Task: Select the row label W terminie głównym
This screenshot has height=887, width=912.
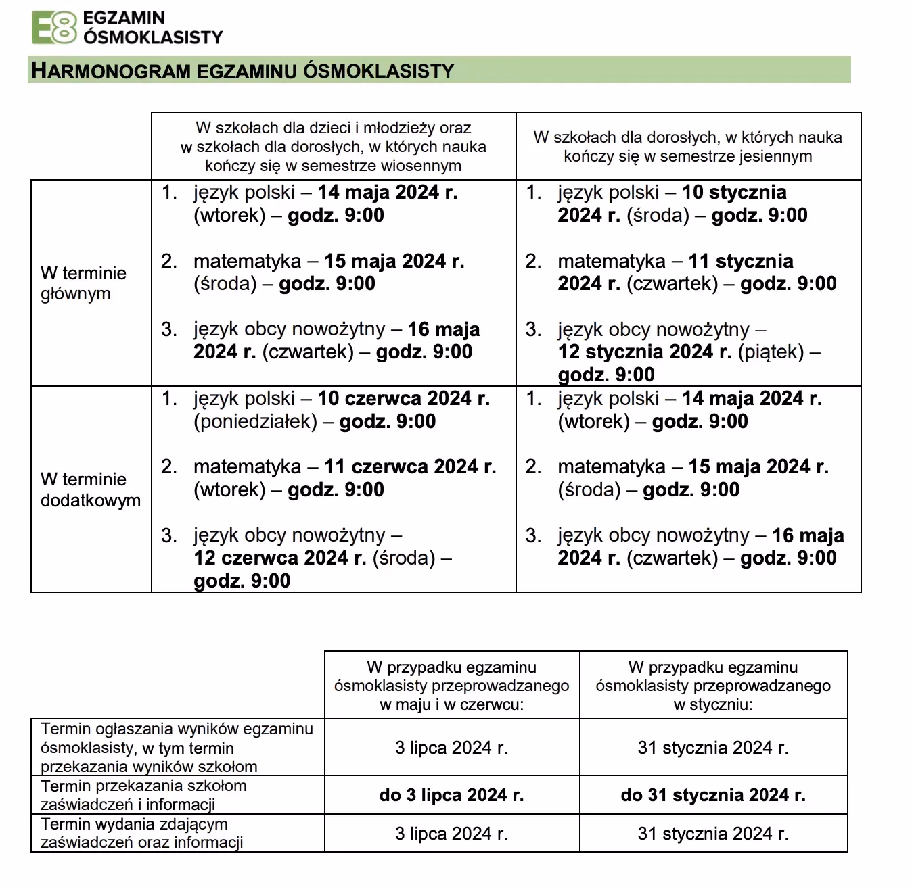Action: click(83, 283)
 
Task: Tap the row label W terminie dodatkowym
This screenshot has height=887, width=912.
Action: click(90, 489)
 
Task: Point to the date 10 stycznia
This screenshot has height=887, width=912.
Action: click(734, 192)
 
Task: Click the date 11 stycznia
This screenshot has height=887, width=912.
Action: click(740, 261)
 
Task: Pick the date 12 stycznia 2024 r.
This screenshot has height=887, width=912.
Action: click(644, 352)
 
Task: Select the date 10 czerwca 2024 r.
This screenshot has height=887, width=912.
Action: click(403, 398)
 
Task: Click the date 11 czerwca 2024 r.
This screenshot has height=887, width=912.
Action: click(410, 466)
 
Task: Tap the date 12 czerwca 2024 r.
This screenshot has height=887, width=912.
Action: click(280, 558)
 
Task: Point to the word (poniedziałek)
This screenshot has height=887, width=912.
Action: click(255, 421)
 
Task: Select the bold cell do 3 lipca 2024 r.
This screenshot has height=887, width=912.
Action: click(451, 795)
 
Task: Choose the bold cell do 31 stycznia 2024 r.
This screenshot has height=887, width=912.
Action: click(713, 795)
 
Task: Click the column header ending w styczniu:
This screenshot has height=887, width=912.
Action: click(713, 686)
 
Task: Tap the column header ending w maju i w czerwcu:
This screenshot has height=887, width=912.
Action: click(451, 686)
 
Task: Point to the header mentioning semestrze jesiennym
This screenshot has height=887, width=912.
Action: click(687, 147)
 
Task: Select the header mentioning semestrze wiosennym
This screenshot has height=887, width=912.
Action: click(333, 147)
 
